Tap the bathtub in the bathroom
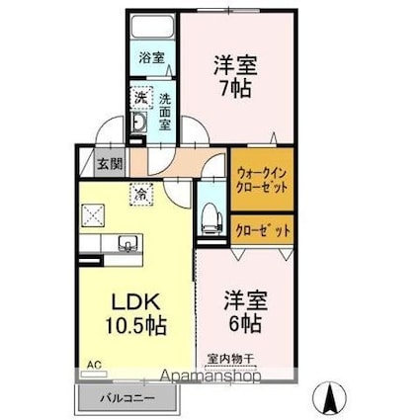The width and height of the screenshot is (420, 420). (x=151, y=29)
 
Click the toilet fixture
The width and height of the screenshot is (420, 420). (x=210, y=218)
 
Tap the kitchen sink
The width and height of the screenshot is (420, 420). (x=126, y=243)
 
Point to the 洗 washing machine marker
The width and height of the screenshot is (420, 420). (x=140, y=99)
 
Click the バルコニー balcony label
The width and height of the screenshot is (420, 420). (x=125, y=397)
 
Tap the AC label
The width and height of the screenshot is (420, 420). (x=94, y=365)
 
